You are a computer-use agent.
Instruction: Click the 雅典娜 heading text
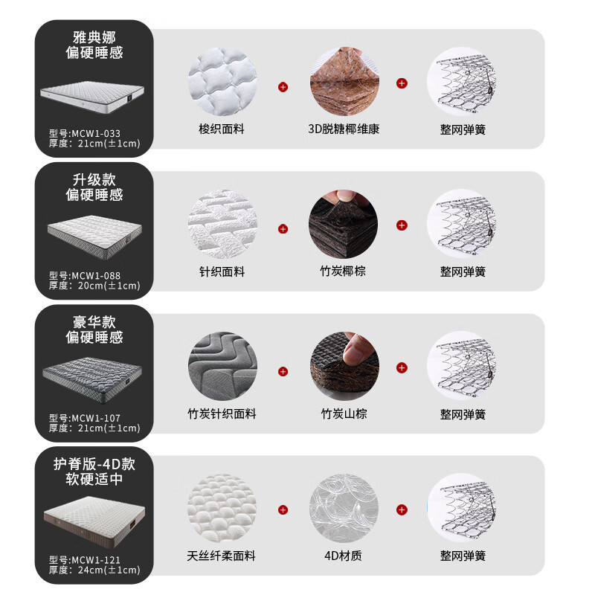94,36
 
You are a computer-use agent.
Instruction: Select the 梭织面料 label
222,129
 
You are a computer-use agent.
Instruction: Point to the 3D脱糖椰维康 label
344,129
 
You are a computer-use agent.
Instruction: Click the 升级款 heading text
94,179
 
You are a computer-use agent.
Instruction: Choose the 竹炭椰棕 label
344,271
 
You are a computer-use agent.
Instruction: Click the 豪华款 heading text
94,321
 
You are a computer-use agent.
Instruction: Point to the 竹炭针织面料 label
222,414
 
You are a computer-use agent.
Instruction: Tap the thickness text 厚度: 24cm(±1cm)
94,570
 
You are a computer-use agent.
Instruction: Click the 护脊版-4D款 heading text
94,463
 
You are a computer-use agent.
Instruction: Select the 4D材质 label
344,556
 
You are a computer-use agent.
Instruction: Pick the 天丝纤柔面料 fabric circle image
222,509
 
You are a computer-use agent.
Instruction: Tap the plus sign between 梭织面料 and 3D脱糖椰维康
283,88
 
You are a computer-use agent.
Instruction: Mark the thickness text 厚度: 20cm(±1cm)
94,286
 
